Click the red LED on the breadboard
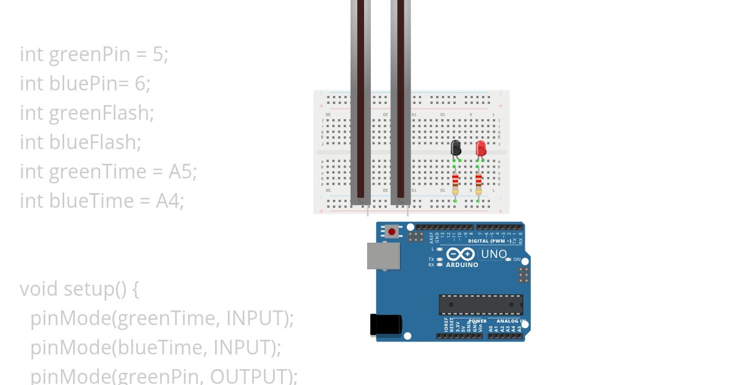[x=481, y=148]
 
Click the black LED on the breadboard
[x=456, y=147]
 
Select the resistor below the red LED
[x=478, y=182]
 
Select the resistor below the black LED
[x=456, y=182]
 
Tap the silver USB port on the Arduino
[x=383, y=255]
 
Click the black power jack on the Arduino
[x=385, y=324]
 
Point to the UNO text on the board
[x=494, y=254]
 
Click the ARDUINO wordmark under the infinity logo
[x=462, y=265]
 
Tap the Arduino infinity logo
[x=461, y=254]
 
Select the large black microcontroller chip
[x=481, y=304]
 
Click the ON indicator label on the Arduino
[x=517, y=260]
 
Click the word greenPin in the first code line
[x=90, y=54]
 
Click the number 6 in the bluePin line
[x=140, y=84]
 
